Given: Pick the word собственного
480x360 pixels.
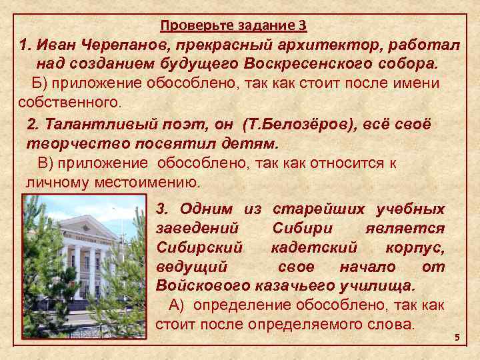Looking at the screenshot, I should point(69,103).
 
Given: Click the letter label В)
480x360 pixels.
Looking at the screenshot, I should point(45,163).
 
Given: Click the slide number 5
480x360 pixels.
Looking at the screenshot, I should point(457,338).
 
